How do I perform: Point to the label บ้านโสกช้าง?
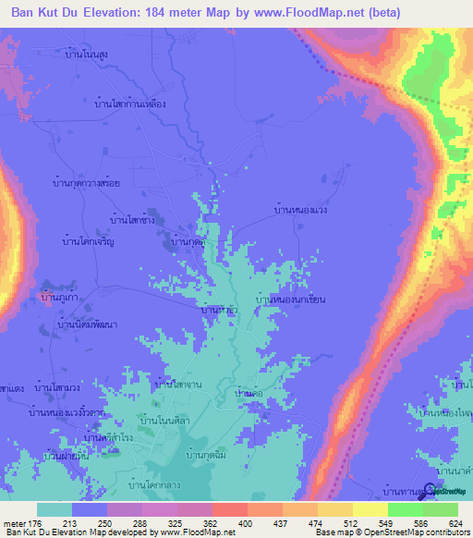(x=130, y=220)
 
